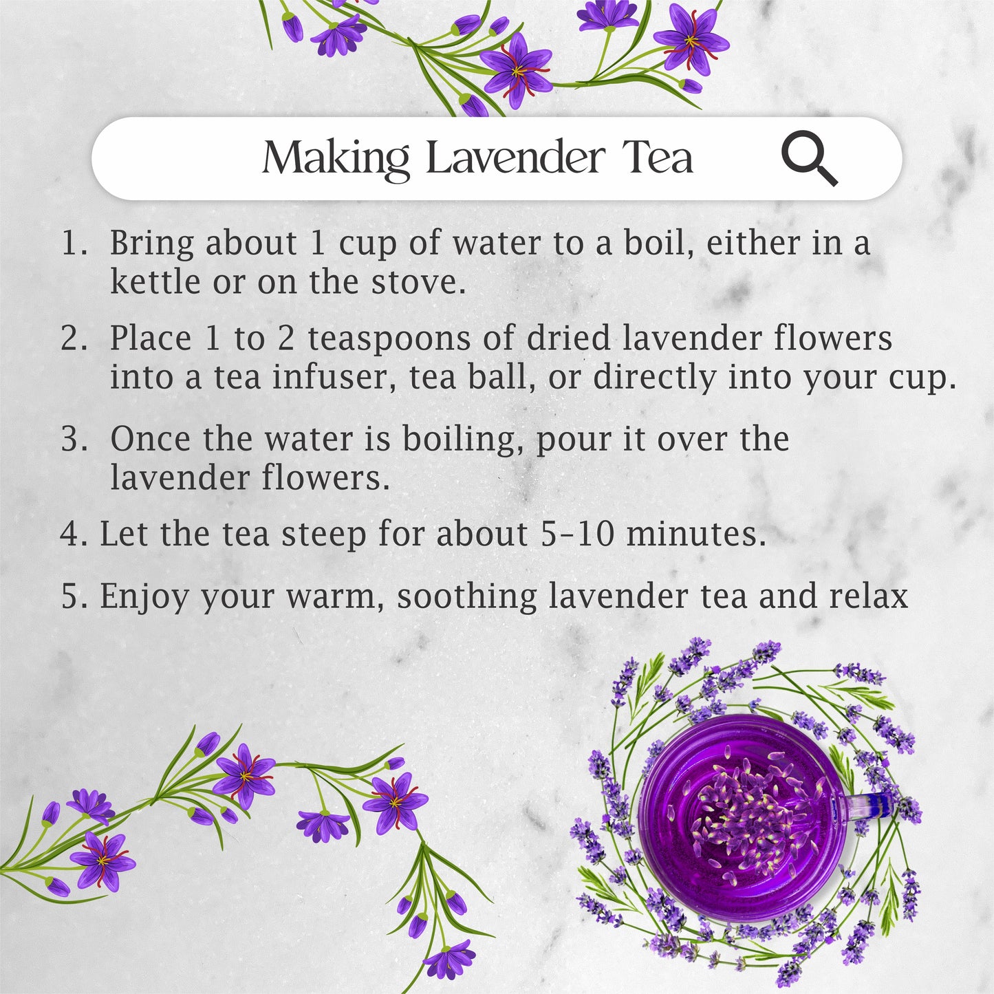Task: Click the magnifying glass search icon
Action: click(809, 158)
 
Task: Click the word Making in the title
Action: click(336, 159)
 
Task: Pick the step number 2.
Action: click(74, 338)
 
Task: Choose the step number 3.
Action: click(74, 439)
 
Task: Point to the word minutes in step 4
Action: click(696, 533)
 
